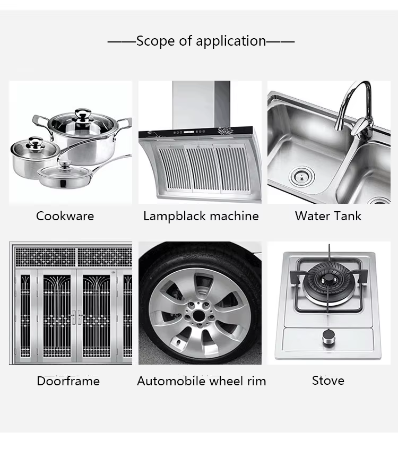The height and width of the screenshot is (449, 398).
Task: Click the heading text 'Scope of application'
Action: pos(201,41)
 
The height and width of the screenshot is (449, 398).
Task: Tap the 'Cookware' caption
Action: pos(65,216)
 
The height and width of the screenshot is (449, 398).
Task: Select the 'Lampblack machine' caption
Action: pos(201,216)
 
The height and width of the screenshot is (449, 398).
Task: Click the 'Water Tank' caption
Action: pos(328,216)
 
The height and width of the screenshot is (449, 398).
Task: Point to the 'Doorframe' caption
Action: pos(68,381)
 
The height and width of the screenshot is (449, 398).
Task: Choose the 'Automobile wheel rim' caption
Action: pos(201,381)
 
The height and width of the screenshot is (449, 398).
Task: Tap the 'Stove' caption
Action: pos(328,381)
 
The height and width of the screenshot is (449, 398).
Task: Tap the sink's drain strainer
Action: pos(301,176)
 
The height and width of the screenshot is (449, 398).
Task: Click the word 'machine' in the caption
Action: pos(234,216)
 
